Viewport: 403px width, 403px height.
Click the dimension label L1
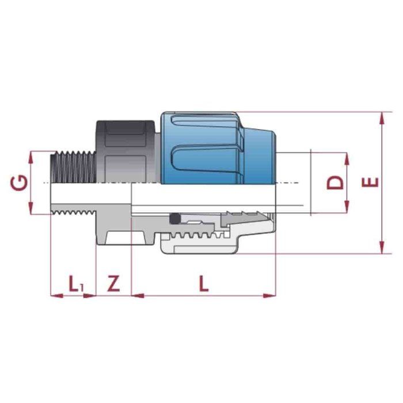tap(75, 283)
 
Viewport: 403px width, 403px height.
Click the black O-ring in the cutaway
tap(174, 219)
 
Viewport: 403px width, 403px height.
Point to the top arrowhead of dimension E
tap(382, 116)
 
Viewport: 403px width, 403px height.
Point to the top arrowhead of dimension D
tap(347, 157)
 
